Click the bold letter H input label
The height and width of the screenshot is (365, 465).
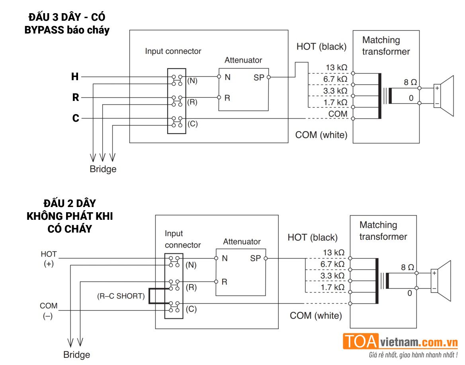click(75, 77)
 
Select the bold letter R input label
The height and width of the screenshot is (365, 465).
click(75, 97)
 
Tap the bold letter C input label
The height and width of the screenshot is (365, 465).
click(75, 118)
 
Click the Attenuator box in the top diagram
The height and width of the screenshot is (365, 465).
click(243, 89)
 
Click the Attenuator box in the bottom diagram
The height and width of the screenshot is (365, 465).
click(240, 272)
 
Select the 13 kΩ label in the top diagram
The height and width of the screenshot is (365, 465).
click(335, 68)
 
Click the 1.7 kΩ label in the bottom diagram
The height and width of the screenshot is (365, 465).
click(332, 287)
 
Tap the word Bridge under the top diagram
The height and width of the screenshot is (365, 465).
click(103, 169)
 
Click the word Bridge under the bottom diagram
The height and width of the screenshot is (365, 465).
click(76, 355)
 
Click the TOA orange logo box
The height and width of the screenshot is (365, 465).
click(361, 341)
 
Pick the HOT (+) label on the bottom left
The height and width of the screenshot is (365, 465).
click(49, 259)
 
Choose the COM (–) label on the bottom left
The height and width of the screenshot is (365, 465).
click(49, 311)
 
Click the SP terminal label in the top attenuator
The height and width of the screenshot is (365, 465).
click(258, 78)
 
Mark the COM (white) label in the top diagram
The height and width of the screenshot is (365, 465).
click(321, 135)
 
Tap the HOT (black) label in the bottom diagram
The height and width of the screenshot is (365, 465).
click(313, 237)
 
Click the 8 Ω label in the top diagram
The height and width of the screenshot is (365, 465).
click(410, 83)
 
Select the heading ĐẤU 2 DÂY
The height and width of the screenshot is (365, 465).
click(70, 203)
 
